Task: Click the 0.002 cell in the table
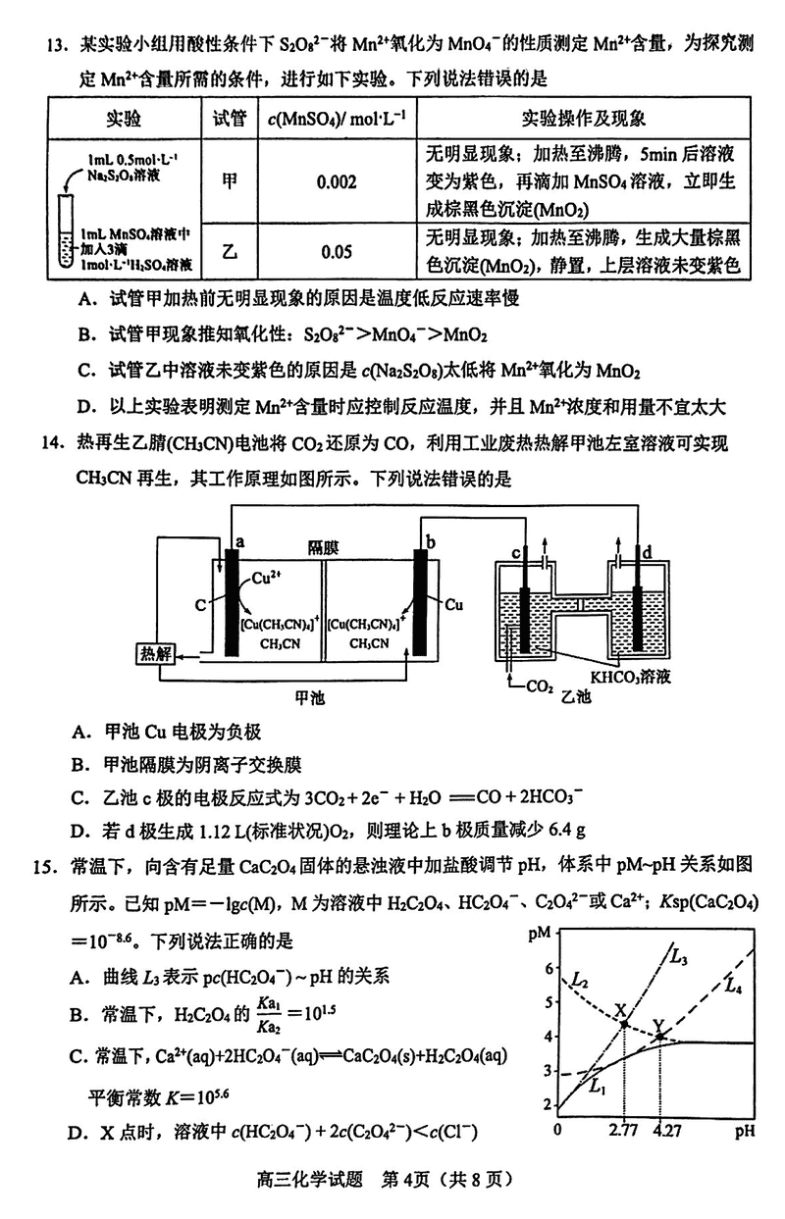pos(336,182)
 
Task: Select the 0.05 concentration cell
pos(336,251)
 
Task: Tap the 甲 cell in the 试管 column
pos(229,182)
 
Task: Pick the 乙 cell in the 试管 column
pos(229,251)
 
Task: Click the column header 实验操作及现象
pos(584,120)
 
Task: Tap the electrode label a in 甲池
pos(237,539)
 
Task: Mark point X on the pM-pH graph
pos(625,1024)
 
